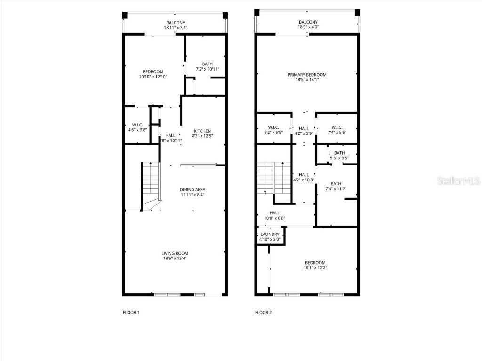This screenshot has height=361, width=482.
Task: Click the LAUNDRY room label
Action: tap(270, 234)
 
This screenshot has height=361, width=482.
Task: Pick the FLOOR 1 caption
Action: tap(131, 312)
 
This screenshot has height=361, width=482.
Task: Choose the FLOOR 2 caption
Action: tap(263, 312)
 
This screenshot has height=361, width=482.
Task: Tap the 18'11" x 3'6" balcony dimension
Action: tap(175, 28)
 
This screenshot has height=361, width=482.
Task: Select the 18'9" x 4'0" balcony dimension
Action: tap(308, 27)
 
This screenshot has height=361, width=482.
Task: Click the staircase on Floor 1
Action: tap(151, 181)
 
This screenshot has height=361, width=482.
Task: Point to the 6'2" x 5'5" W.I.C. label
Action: tap(273, 133)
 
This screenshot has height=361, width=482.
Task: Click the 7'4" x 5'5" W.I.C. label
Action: tap(336, 133)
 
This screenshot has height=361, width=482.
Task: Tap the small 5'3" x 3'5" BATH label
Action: tap(339, 158)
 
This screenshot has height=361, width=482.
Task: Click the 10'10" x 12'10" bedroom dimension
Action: tap(153, 77)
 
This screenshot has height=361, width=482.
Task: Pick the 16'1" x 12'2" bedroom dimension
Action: tap(315, 267)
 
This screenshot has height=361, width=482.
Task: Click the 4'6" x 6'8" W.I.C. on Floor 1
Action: tap(137, 130)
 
